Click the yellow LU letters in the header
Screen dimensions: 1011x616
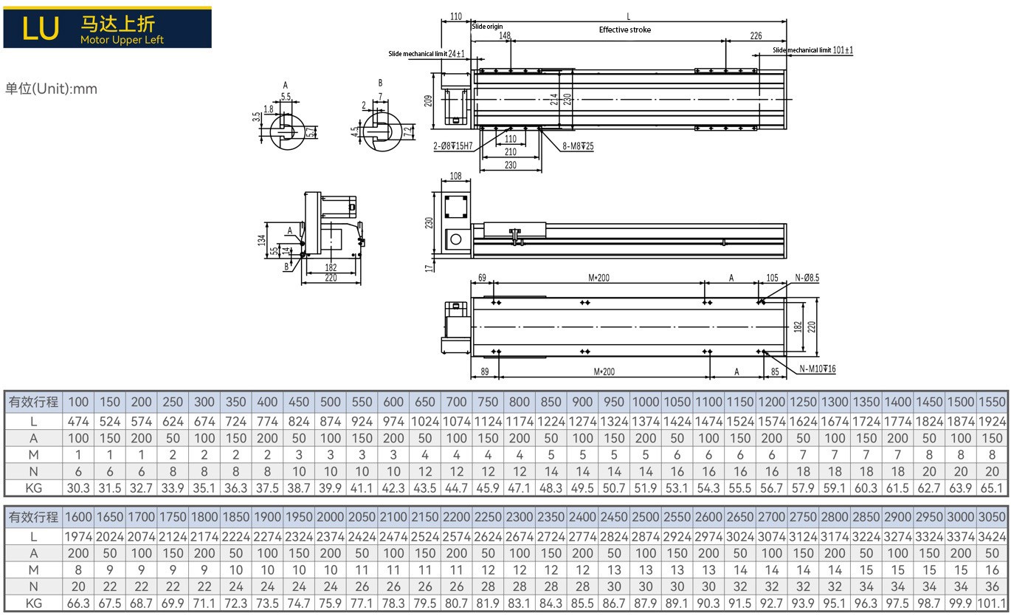point(41,28)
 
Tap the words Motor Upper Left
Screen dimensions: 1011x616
point(122,40)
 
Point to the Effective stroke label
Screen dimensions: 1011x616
point(624,30)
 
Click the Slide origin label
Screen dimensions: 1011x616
point(487,26)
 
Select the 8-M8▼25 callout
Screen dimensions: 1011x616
point(578,146)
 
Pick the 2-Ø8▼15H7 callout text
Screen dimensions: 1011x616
point(452,146)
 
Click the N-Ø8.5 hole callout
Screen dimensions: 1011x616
point(807,278)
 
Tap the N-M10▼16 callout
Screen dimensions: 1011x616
point(818,369)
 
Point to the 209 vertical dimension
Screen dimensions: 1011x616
point(428,100)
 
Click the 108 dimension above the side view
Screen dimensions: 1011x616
point(455,176)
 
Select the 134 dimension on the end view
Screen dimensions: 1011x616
point(261,240)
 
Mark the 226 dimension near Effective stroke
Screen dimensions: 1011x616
point(756,35)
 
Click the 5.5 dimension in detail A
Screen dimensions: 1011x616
point(286,96)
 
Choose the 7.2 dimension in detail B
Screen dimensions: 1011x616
point(407,132)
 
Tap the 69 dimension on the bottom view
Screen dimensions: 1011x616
point(482,278)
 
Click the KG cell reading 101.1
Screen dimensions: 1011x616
point(992,603)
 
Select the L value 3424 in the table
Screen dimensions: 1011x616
point(992,537)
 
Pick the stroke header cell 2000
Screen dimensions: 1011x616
point(331,516)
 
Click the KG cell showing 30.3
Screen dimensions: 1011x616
point(78,488)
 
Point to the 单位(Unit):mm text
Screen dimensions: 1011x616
point(51,89)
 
